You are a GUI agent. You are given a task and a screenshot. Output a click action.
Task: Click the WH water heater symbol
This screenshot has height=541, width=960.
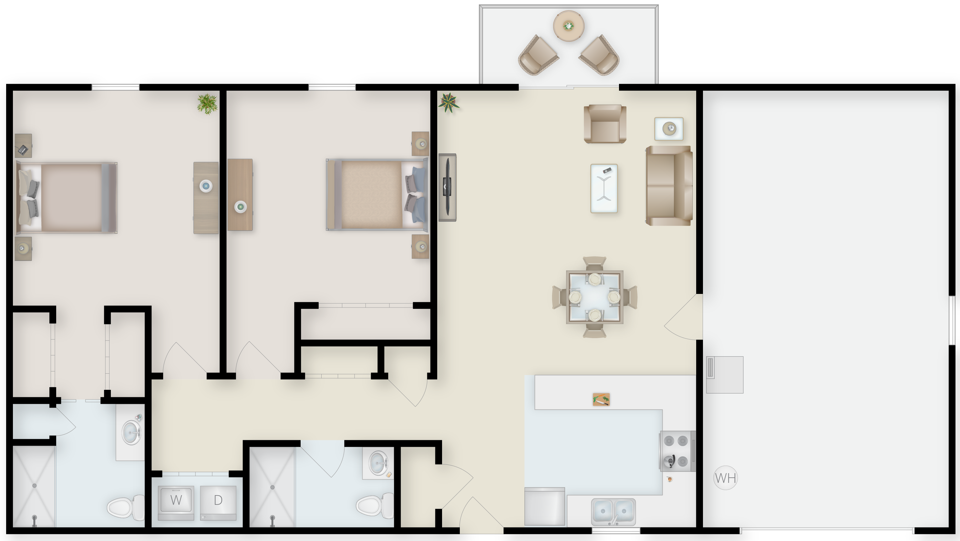pos(725,478)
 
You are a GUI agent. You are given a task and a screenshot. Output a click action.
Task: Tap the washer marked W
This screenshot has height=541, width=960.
pos(176,503)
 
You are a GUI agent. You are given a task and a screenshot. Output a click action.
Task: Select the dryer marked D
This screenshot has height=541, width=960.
pos(218,503)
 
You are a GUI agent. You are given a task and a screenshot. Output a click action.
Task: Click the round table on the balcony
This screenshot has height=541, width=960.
pos(568,26)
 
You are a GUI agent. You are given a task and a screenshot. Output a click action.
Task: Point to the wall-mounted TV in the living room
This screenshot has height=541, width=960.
pos(447,187)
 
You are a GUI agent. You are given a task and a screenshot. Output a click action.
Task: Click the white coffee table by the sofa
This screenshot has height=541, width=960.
pos(604,188)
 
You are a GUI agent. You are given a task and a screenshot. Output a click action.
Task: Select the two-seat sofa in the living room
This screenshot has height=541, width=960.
pos(669,186)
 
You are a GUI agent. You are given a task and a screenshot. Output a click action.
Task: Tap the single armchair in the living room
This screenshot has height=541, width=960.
pos(605,124)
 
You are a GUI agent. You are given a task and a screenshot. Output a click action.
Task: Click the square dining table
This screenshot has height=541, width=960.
pos(594,297)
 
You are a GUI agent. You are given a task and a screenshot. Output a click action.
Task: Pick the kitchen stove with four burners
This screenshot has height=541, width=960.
pos(677,451)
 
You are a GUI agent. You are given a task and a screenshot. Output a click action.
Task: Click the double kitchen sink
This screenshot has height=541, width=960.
pos(614,512)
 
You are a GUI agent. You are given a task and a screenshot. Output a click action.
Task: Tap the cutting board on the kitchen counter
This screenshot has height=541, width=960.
pos(601,399)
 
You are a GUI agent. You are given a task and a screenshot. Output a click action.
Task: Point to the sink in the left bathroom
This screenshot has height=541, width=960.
pos(131,432)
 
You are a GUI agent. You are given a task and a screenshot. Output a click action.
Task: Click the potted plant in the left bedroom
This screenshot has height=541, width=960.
pos(207,104)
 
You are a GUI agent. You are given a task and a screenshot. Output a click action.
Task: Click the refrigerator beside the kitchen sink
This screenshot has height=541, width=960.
pos(544,506)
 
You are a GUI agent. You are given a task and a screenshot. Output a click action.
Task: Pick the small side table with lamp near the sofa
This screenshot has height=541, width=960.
pos(669,129)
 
